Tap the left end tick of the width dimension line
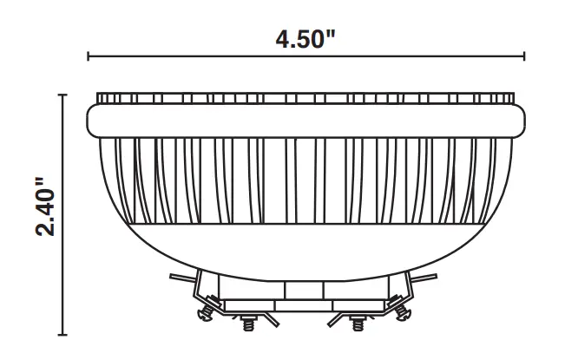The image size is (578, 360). (89, 58)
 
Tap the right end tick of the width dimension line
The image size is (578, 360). (524, 58)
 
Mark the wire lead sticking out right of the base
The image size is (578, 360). (431, 278)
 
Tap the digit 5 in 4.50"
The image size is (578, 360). (306, 39)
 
